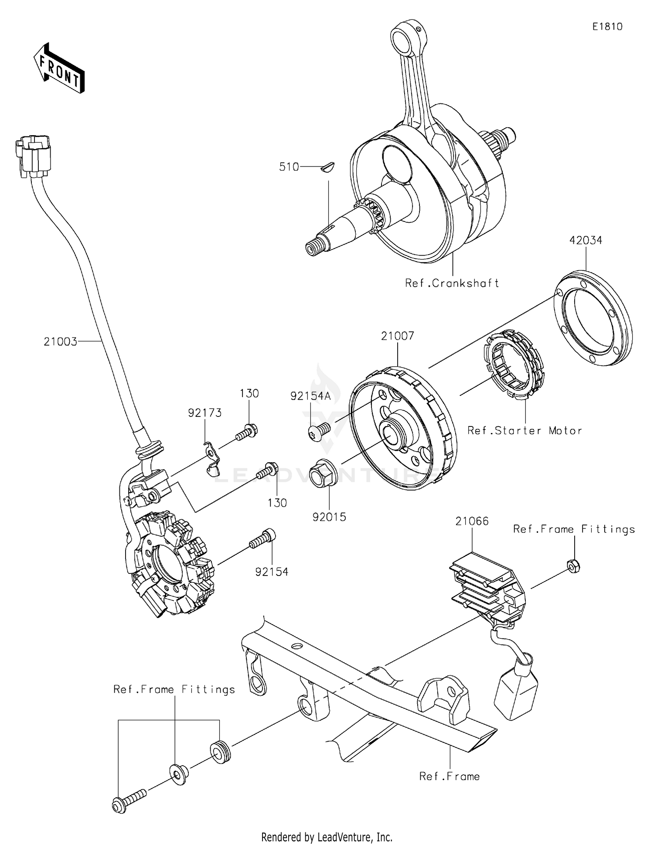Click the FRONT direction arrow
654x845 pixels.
(59, 68)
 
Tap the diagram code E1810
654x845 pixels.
(607, 27)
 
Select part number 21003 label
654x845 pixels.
(60, 341)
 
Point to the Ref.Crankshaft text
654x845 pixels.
(452, 283)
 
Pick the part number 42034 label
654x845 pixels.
(586, 240)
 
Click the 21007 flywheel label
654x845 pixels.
(397, 336)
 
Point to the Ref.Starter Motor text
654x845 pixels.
(525, 431)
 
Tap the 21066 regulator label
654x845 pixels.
(472, 521)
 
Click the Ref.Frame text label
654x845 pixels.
(449, 777)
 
